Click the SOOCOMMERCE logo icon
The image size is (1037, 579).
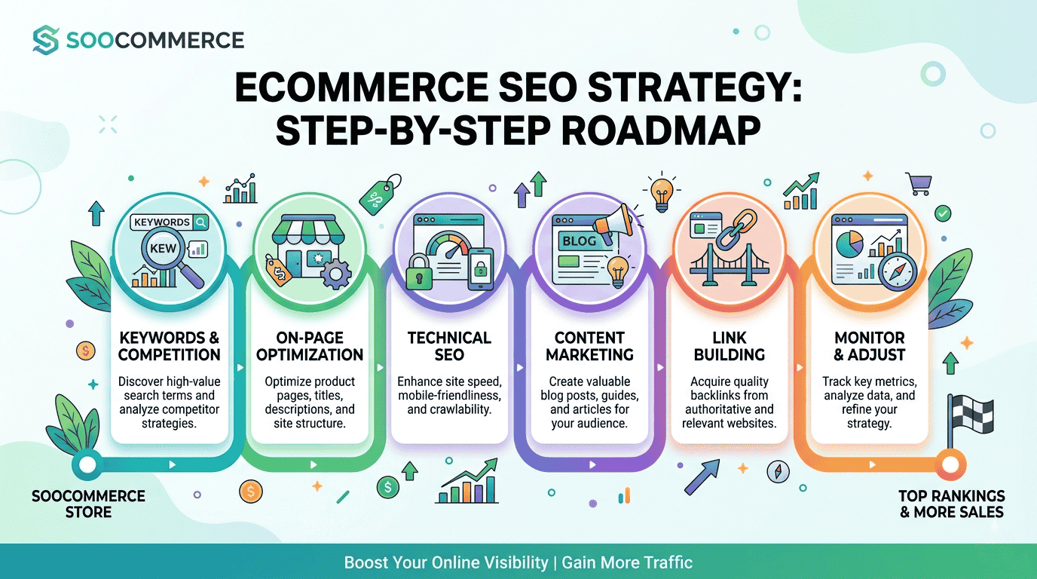46,40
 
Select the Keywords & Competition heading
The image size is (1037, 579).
170,346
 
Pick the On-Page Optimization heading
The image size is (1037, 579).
310,346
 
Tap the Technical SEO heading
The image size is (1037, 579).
449,346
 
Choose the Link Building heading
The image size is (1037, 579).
729,346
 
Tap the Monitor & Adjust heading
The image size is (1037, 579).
869,346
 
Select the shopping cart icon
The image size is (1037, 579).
918,183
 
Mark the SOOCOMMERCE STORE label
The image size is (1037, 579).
88,504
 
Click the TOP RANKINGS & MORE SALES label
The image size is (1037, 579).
951,504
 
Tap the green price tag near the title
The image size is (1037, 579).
380,194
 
